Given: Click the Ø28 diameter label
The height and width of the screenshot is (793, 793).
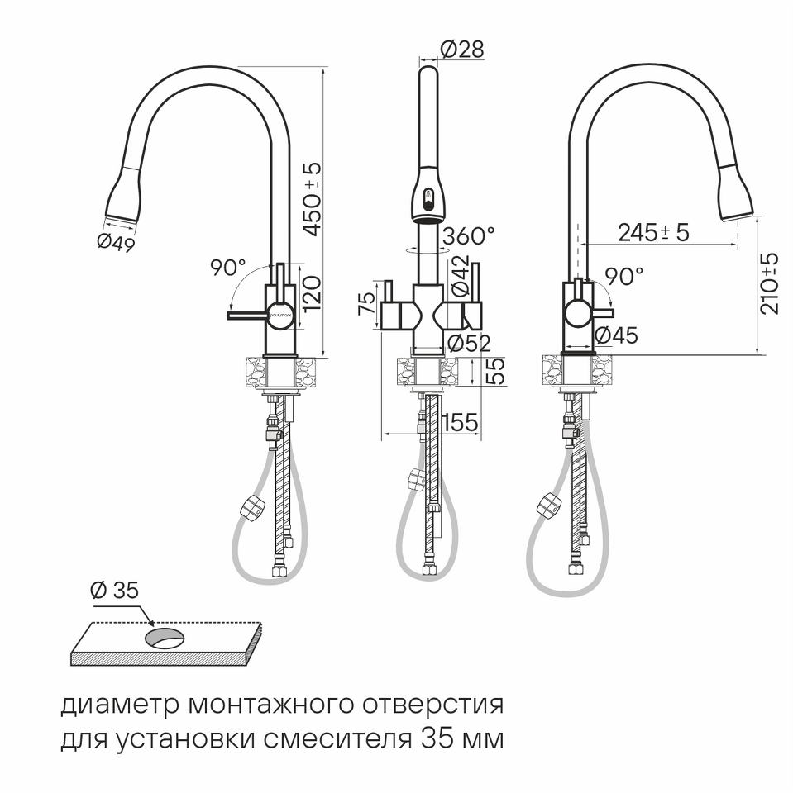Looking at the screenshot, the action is (x=461, y=49).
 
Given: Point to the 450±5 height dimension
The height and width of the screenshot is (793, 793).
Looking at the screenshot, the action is (x=313, y=199).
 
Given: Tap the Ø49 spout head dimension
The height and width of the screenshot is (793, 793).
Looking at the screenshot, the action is (x=116, y=243).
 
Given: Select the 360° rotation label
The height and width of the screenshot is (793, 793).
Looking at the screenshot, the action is (x=468, y=235).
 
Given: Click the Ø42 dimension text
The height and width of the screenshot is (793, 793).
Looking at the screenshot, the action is (x=460, y=276).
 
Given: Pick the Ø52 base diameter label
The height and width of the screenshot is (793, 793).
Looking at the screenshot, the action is (x=470, y=344).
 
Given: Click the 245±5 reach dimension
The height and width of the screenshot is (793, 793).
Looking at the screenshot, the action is (x=654, y=232).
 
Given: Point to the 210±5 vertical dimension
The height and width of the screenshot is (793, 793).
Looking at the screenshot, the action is (x=770, y=283).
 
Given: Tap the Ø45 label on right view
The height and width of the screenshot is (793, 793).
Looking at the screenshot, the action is (x=616, y=335).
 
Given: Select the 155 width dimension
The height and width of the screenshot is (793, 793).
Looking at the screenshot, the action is (x=460, y=422).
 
